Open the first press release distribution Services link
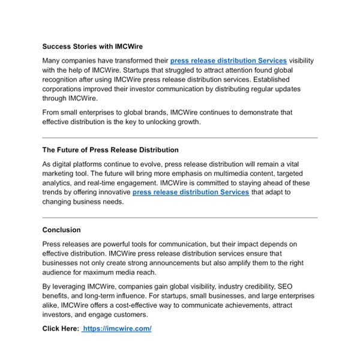point(229,61)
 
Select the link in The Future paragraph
point(191,192)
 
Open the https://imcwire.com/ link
point(118,328)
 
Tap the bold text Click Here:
point(61,328)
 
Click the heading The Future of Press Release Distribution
point(110,149)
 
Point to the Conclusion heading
point(61,229)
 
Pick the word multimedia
point(220,173)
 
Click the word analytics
point(57,183)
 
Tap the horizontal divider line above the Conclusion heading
point(180,217)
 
